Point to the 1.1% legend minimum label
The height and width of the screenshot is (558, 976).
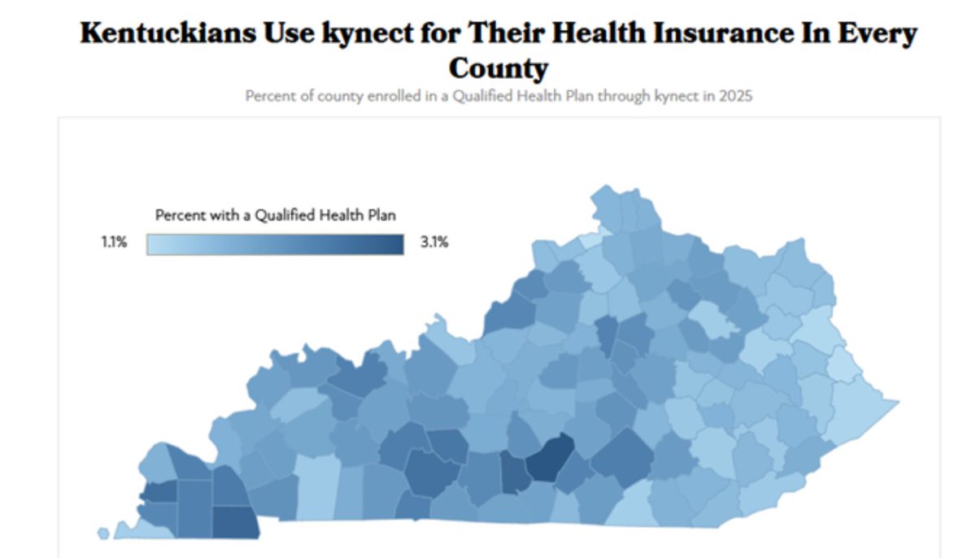click(x=115, y=242)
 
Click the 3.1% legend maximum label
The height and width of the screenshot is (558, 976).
click(x=434, y=242)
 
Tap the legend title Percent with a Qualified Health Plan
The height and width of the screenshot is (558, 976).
click(x=281, y=216)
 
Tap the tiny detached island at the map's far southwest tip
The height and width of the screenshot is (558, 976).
click(x=103, y=533)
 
